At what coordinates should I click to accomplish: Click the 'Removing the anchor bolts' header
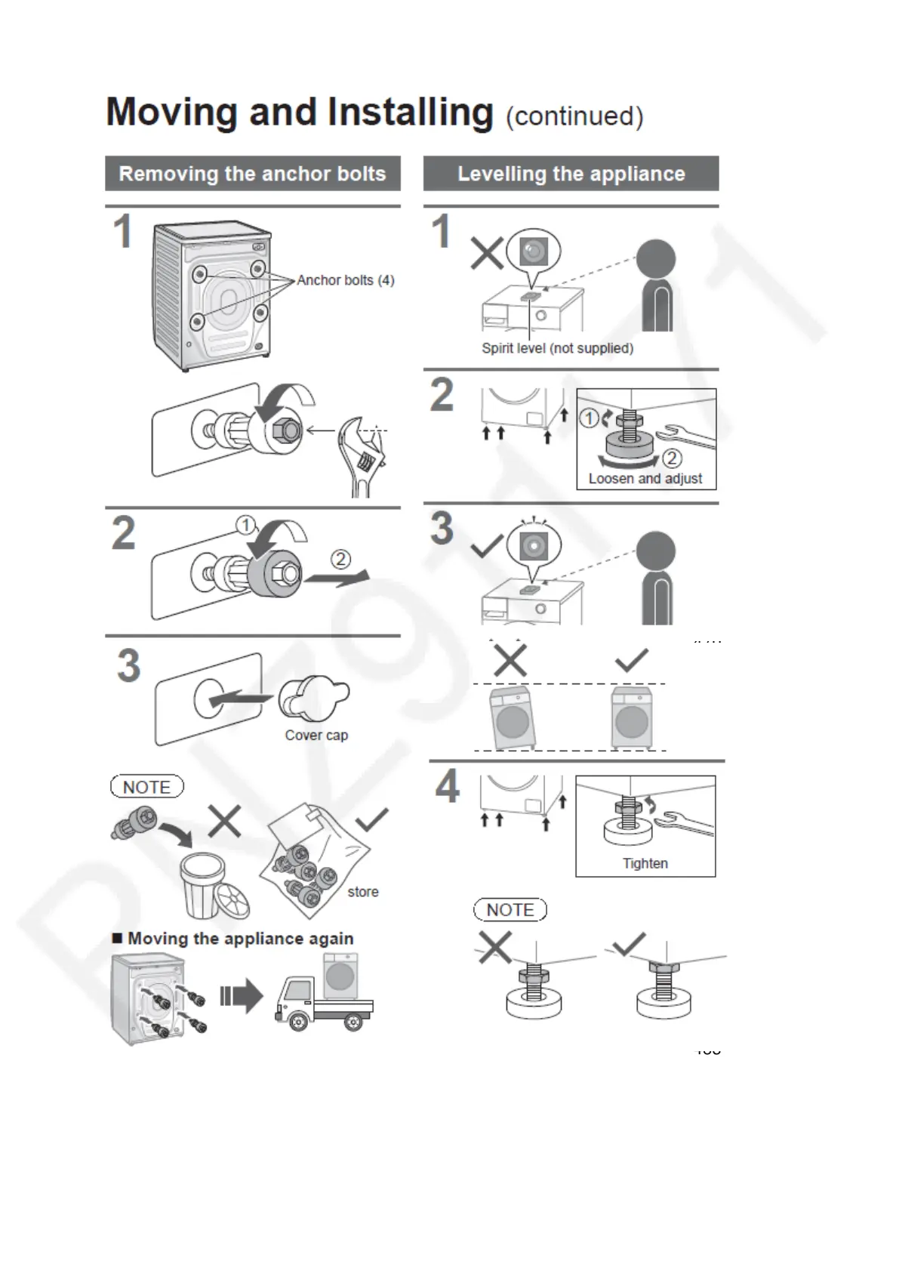point(252,174)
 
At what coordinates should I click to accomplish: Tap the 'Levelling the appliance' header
point(571,174)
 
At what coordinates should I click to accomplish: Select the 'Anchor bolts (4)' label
point(346,280)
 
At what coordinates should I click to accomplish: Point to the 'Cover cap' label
point(316,735)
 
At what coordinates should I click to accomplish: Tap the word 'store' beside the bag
point(363,892)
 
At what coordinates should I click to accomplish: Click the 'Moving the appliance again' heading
point(240,939)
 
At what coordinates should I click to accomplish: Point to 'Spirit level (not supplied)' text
point(557,348)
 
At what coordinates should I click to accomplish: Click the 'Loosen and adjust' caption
point(645,479)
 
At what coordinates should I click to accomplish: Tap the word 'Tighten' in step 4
point(645,863)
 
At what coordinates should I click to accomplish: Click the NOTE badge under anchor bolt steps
point(147,787)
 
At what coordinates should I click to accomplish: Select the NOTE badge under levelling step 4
point(510,910)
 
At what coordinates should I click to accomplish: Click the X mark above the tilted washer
point(510,661)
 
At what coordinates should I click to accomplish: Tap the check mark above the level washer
point(631,660)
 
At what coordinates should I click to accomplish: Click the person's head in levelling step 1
point(655,258)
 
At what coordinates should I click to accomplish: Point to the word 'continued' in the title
point(574,117)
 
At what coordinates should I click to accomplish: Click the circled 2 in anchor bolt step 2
point(341,559)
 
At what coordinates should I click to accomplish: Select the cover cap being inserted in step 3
point(313,699)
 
